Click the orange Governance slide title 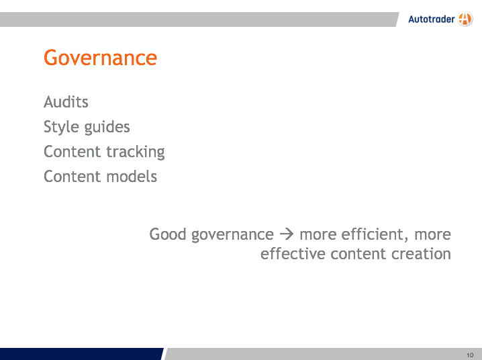click(x=100, y=58)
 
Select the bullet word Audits click(x=66, y=102)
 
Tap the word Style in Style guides click(x=61, y=127)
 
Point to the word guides click(x=107, y=127)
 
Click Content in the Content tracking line click(x=73, y=152)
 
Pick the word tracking click(x=136, y=152)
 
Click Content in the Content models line click(x=73, y=177)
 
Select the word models click(x=132, y=177)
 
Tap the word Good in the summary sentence click(x=168, y=234)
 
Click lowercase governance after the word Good click(x=232, y=235)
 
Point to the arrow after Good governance click(x=287, y=234)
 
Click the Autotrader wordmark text click(x=431, y=19)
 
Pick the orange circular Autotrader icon click(x=465, y=19)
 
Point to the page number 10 click(x=470, y=355)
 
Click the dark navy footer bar click(x=81, y=354)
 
